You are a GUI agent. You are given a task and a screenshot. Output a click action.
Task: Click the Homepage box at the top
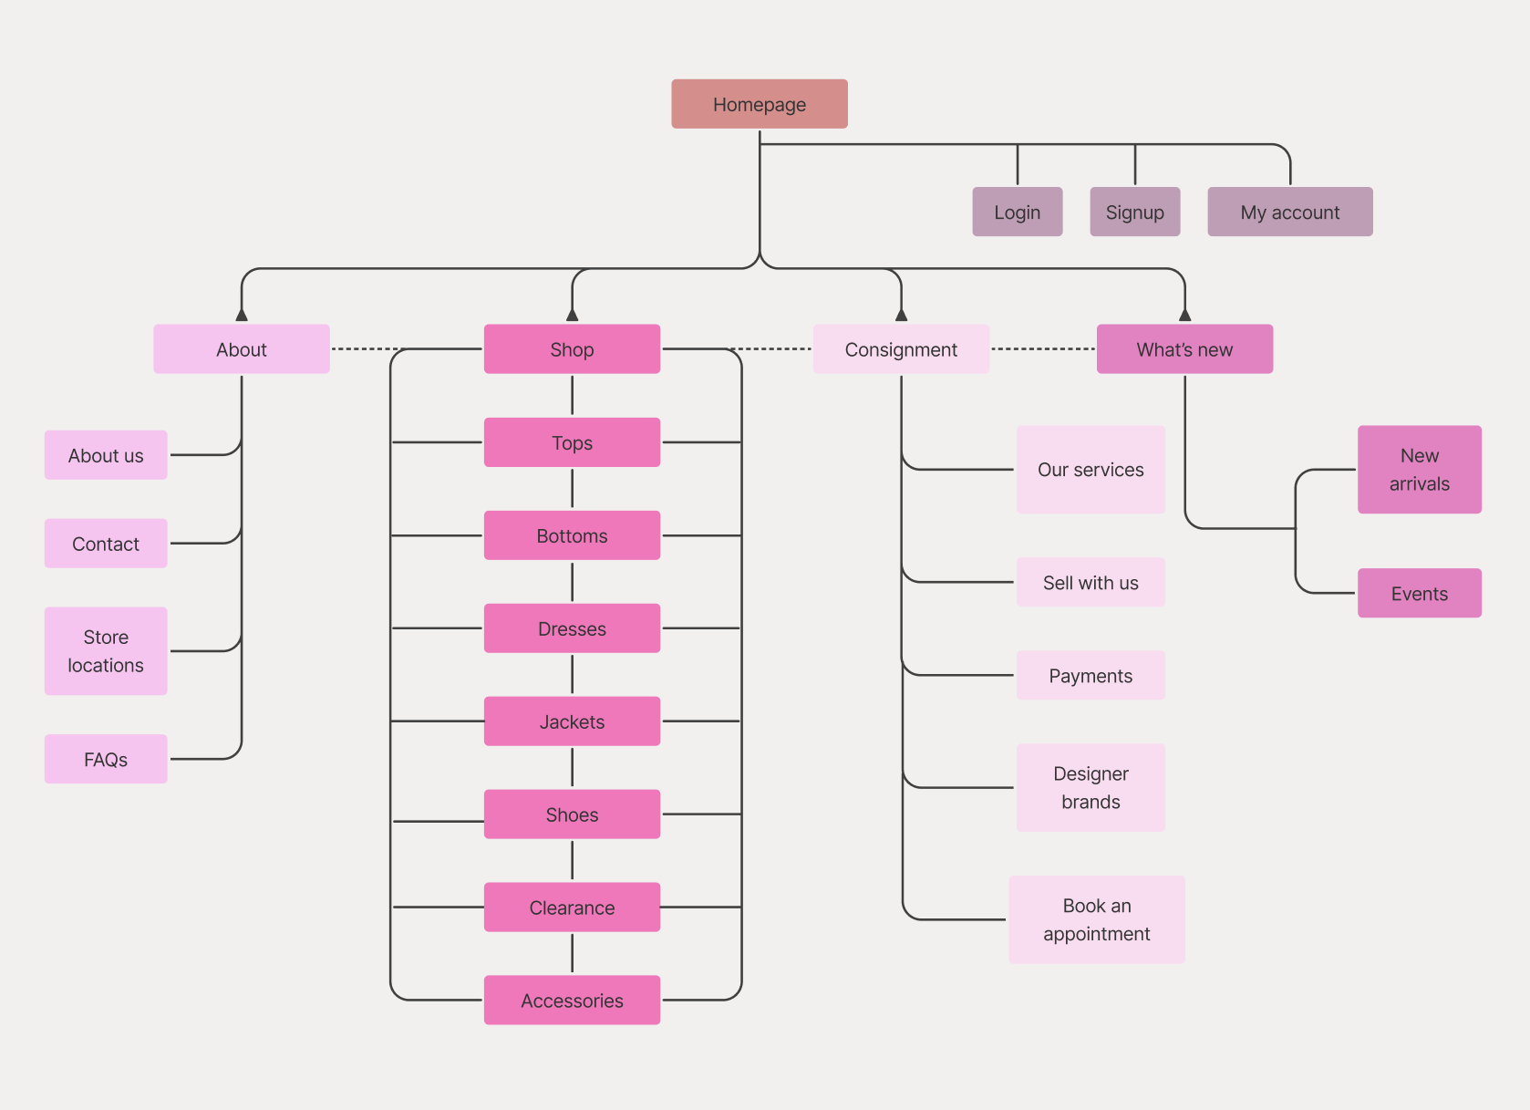[760, 104]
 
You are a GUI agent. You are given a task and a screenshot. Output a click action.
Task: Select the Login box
[1017, 212]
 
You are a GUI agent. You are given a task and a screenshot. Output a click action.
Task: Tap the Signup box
[1134, 212]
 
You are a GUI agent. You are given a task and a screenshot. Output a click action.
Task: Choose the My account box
[1289, 212]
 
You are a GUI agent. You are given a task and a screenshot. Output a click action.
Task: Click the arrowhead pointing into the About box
[242, 315]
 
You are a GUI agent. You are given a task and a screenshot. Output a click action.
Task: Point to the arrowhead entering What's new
[1184, 315]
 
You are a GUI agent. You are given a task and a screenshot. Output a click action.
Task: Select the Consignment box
[901, 349]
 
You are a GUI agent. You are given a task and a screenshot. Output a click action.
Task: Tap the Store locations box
[106, 651]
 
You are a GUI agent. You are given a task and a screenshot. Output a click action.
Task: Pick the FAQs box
[106, 759]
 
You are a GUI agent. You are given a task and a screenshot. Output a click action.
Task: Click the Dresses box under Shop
[572, 628]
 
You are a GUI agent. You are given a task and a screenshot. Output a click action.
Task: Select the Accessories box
[572, 1000]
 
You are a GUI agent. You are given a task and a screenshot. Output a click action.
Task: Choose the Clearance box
[572, 907]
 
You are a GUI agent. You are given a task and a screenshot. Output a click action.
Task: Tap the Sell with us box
[1091, 582]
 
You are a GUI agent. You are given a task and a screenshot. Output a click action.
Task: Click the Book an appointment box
[1096, 919]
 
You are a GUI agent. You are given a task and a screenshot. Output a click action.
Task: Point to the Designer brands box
[1091, 787]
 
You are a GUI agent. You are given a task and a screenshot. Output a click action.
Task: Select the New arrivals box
[1419, 469]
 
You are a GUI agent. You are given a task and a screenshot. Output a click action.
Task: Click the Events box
[1419, 593]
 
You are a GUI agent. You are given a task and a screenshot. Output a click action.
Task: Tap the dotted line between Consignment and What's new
[1042, 348]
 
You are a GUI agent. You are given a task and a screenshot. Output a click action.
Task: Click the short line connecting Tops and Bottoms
[572, 488]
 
